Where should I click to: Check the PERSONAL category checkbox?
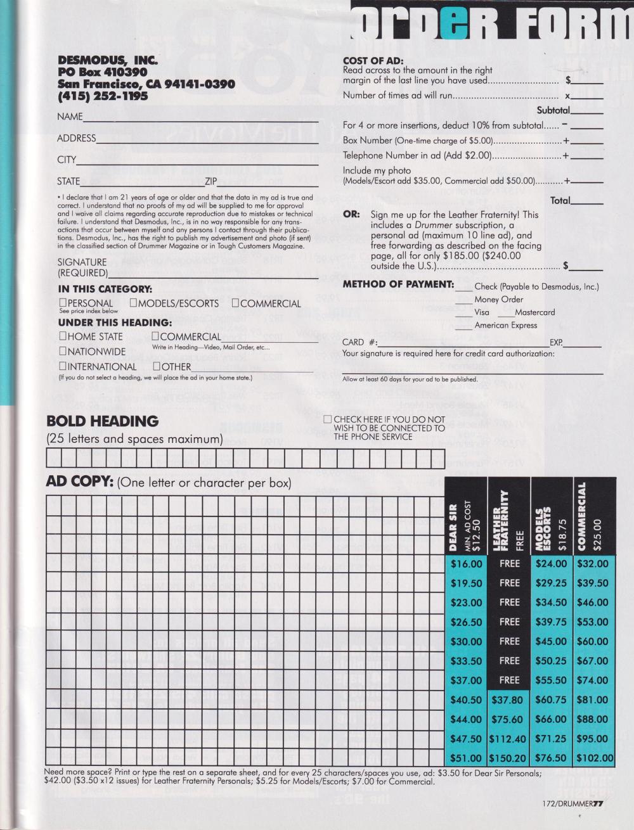tap(63, 303)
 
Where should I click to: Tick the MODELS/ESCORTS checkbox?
tap(133, 303)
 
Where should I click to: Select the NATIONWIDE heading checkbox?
tap(63, 351)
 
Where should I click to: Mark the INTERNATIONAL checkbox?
tap(63, 366)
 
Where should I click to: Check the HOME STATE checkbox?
tap(63, 336)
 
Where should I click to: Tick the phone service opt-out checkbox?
tap(327, 419)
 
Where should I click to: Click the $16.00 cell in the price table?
tap(466, 563)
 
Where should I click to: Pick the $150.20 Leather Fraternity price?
tap(508, 758)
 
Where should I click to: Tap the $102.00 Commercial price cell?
tap(594, 758)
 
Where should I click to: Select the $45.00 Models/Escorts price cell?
tap(551, 641)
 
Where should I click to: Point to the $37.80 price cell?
tap(508, 699)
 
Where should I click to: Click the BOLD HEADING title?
tap(102, 421)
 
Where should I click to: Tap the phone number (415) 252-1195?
tap(102, 96)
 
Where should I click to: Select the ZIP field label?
tap(211, 182)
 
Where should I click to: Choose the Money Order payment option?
tap(498, 300)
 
